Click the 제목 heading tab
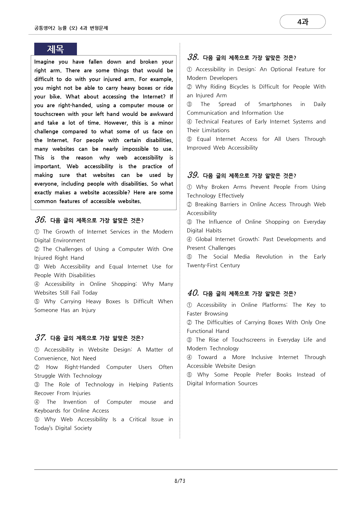[55, 49]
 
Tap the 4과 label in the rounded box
[303, 22]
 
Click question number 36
[41, 220]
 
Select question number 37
[41, 338]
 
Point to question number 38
[193, 57]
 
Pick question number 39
[193, 175]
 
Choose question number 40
[193, 293]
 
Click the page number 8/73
[180, 481]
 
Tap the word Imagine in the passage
[44, 62]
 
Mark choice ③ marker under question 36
[37, 267]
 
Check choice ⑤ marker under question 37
[37, 420]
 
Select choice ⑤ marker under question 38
[190, 139]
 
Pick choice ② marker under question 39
[190, 205]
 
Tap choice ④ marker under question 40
[190, 357]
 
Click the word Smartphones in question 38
[275, 104]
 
